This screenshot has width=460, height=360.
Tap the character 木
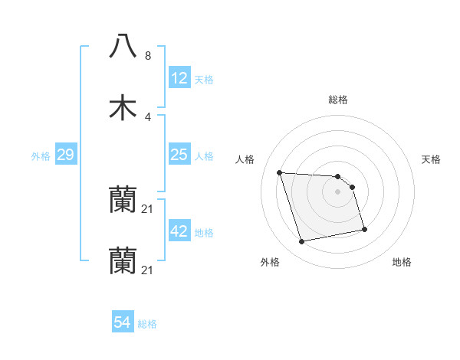tap(123, 107)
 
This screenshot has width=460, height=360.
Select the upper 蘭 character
tap(123, 201)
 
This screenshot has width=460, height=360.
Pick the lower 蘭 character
tap(123, 261)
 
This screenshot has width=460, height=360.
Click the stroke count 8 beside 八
tap(148, 56)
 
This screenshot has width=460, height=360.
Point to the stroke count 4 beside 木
tap(148, 116)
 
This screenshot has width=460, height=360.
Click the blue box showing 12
tap(179, 77)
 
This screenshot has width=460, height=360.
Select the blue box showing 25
tap(179, 155)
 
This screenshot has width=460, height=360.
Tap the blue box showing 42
tap(179, 231)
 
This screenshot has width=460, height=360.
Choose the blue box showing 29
tap(66, 155)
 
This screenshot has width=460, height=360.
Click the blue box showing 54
tap(123, 322)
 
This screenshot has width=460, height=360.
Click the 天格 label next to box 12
tap(204, 79)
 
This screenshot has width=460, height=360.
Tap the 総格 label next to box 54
tap(148, 324)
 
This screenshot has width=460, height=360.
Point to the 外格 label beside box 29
tap(41, 156)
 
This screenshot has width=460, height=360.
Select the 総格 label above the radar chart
tap(338, 100)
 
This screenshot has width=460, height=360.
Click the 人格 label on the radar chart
tap(245, 159)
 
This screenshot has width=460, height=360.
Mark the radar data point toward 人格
tap(280, 172)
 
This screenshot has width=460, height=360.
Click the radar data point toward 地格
tap(363, 229)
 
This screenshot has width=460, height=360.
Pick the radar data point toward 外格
tap(302, 242)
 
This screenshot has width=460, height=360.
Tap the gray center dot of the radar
tap(338, 191)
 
